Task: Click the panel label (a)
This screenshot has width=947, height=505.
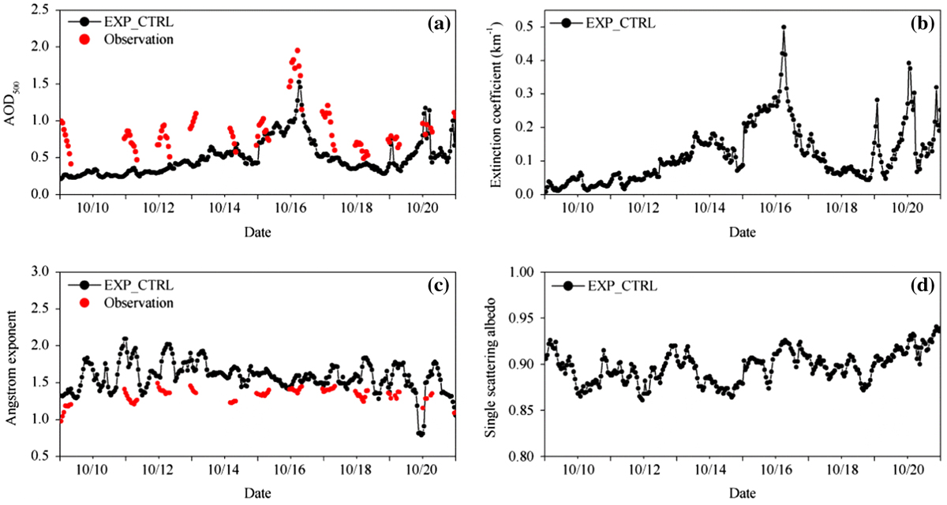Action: click(439, 24)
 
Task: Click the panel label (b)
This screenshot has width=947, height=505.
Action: click(923, 24)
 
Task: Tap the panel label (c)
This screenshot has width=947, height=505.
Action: click(439, 286)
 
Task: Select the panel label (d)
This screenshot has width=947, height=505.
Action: click(923, 286)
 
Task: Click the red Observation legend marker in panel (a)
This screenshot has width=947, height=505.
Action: click(85, 39)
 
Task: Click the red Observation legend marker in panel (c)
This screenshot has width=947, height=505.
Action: click(85, 302)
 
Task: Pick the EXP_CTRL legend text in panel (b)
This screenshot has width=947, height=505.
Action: click(620, 23)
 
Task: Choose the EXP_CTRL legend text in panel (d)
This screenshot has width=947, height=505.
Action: click(623, 286)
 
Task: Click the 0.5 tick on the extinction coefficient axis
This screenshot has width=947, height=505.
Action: click(524, 27)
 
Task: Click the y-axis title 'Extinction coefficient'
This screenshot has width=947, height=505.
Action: click(496, 105)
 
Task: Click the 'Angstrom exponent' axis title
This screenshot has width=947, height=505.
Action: click(10, 368)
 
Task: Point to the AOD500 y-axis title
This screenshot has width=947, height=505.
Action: click(11, 104)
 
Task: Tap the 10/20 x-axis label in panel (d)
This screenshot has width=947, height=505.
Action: click(907, 470)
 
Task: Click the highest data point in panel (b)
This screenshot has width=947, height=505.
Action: click(784, 27)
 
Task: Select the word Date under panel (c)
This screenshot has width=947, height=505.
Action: click(257, 493)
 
